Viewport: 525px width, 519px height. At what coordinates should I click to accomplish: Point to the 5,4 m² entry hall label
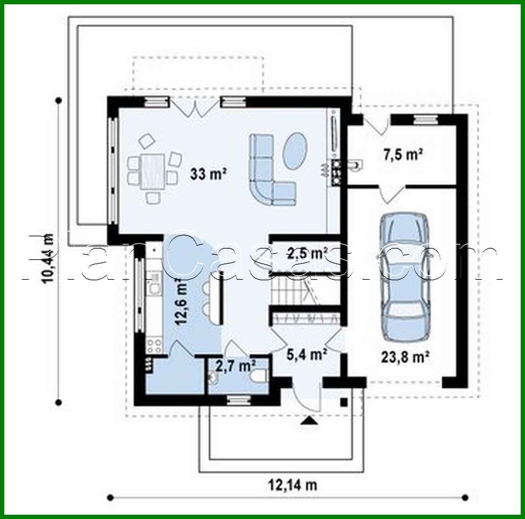308,354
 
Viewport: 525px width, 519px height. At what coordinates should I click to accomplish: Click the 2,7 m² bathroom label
236,365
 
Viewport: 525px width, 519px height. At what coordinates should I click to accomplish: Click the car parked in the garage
406,276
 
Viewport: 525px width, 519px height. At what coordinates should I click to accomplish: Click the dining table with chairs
152,169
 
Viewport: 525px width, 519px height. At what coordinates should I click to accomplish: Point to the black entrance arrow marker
309,421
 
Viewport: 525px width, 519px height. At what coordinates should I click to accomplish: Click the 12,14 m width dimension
292,484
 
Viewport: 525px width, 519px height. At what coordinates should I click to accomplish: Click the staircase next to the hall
289,291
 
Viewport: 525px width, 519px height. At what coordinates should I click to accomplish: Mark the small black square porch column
344,402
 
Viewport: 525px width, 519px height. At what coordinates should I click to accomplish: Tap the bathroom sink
213,377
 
